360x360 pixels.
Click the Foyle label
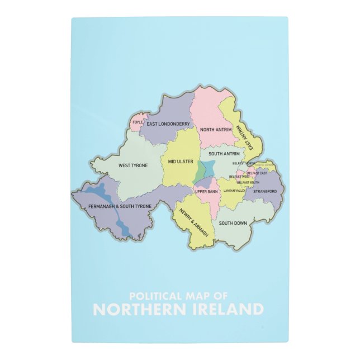[138, 121]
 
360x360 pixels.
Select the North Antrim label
[215, 129]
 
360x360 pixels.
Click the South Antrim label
[224, 153]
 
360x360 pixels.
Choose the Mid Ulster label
[181, 162]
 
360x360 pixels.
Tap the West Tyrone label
[133, 165]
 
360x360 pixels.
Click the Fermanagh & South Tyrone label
[120, 206]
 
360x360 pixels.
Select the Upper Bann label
[206, 192]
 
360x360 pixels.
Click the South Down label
[233, 223]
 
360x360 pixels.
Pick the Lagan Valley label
[235, 191]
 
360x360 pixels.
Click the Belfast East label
[257, 173]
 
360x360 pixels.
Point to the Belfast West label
[239, 177]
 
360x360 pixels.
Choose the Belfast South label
[248, 182]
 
